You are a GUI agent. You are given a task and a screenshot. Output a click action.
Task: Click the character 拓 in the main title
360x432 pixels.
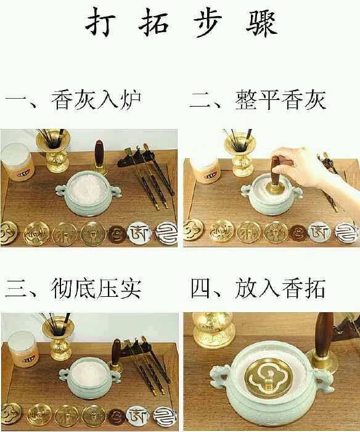[x=153, y=22]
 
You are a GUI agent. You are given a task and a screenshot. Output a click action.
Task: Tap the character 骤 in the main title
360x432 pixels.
[x=261, y=23]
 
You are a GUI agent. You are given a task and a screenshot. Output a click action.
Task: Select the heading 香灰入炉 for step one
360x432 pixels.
[x=96, y=100]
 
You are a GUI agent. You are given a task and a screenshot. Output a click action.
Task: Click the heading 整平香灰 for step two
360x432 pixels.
[x=280, y=100]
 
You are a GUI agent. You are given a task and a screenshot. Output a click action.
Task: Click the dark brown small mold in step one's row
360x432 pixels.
[x=117, y=234]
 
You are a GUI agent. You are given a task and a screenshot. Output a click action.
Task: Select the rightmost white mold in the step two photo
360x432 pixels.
[x=347, y=234]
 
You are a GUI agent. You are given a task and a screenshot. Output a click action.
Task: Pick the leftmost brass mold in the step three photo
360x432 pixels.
[x=10, y=414]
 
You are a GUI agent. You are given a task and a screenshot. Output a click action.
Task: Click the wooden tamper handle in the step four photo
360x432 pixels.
[x=324, y=334]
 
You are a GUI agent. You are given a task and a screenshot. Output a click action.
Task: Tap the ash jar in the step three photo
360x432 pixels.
[x=23, y=349]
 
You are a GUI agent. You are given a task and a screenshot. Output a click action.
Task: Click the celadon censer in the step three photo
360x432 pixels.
[x=90, y=378]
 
